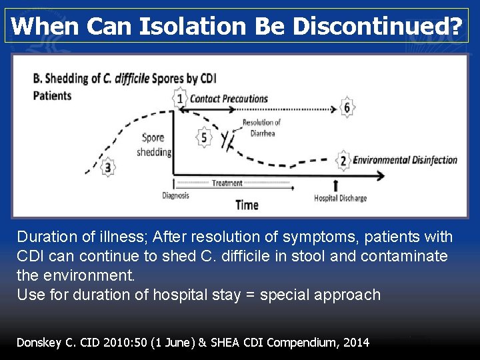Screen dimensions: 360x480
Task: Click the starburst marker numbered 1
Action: tap(179, 99)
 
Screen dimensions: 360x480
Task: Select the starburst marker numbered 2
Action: tap(343, 160)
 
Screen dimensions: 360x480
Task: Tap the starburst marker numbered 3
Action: tap(108, 167)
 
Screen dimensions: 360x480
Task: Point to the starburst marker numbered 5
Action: tap(205, 138)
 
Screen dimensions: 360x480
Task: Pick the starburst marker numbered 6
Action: tap(347, 107)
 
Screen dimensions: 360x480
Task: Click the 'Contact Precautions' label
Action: tap(229, 99)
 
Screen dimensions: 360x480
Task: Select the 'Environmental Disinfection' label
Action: tap(405, 160)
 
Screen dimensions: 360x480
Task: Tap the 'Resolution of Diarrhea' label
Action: tap(261, 127)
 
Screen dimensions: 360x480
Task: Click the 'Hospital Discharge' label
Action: tap(340, 198)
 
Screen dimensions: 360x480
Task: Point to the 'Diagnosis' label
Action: tap(175, 196)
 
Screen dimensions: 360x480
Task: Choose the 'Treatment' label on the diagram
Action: tap(227, 183)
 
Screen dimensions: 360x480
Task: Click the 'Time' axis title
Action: tap(247, 205)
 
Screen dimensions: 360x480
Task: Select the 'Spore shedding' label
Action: tap(153, 145)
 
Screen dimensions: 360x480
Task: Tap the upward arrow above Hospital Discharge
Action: tap(335, 185)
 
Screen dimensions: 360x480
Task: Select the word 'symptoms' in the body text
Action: tap(319, 237)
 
